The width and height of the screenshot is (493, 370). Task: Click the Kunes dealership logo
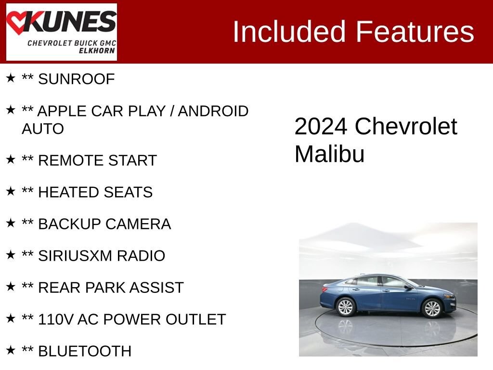tap(61, 32)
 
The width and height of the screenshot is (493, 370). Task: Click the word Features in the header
tap(415, 32)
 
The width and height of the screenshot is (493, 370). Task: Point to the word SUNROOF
tap(76, 79)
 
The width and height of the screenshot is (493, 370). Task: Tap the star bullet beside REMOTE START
tap(11, 159)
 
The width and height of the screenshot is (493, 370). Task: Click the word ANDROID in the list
tap(213, 111)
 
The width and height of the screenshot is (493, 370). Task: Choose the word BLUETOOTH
tap(84, 351)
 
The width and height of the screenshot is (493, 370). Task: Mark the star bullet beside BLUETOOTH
tap(11, 350)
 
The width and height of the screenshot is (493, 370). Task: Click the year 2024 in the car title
tap(321, 127)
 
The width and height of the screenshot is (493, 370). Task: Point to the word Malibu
tap(329, 154)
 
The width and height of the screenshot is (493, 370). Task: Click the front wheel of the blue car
tap(431, 308)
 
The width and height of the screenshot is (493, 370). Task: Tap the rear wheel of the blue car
tap(345, 307)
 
